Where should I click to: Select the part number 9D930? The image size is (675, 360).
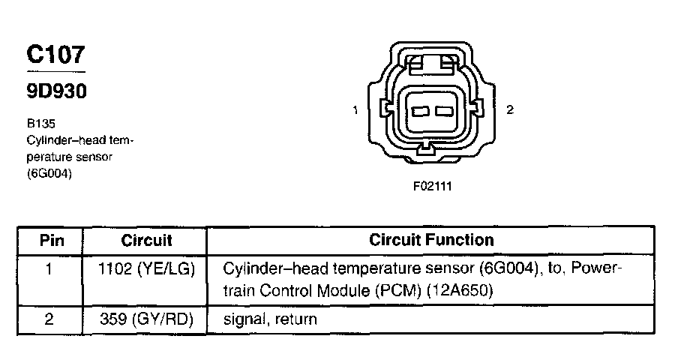57,91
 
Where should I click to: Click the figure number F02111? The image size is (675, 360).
432,185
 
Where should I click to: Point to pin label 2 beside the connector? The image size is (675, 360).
510,111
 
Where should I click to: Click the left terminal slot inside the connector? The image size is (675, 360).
420,112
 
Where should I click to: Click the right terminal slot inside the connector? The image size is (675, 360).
445,112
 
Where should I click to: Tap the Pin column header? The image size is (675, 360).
51,241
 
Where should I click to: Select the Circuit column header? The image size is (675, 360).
146,241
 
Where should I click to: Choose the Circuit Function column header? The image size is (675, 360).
431,241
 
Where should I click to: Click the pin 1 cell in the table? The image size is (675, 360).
49,268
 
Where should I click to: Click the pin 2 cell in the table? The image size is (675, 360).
49,319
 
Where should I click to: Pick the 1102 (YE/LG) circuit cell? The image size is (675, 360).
146,268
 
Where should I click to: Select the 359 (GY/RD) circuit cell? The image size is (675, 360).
146,319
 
